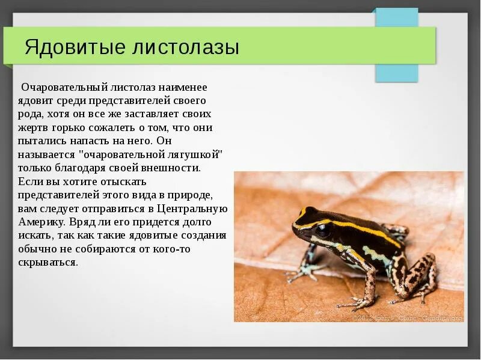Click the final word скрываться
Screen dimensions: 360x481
48,262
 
